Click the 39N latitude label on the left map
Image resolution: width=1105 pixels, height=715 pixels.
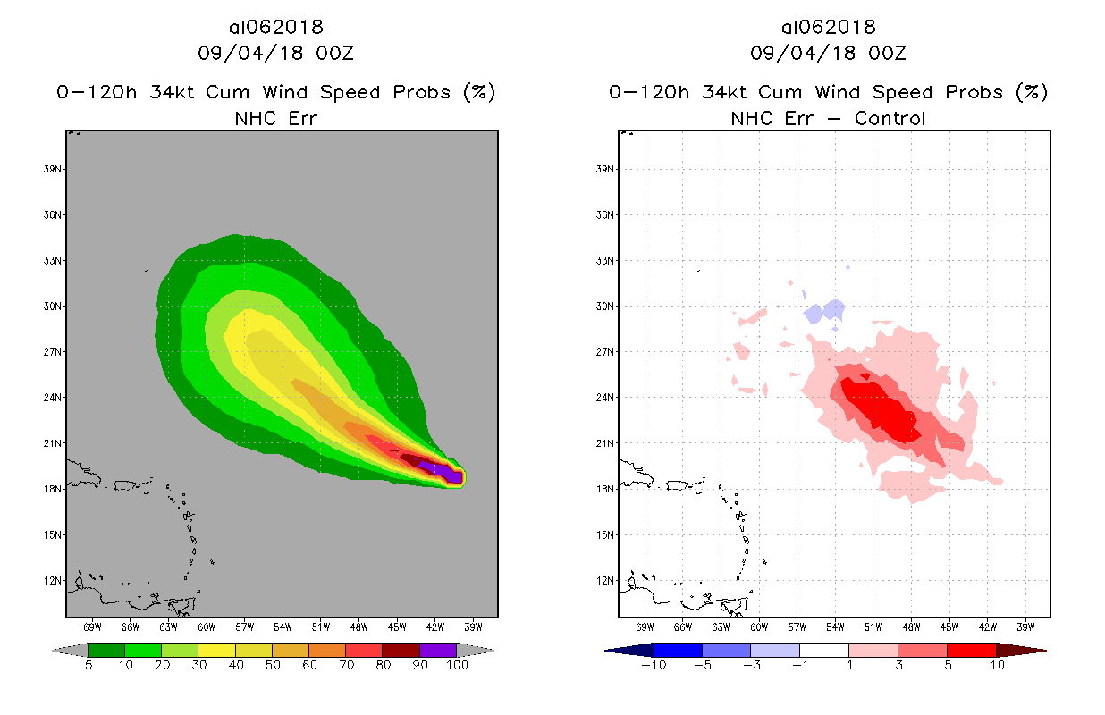click(x=53, y=169)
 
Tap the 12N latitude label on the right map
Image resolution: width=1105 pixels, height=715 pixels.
click(x=605, y=580)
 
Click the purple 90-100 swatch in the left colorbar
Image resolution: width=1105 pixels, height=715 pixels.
click(x=438, y=650)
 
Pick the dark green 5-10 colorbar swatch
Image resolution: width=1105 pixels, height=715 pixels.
click(x=106, y=650)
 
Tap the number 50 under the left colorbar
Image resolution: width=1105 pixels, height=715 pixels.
click(x=272, y=666)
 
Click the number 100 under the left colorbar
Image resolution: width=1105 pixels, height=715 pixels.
click(x=457, y=666)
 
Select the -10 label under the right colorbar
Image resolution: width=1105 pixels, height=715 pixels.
click(x=653, y=666)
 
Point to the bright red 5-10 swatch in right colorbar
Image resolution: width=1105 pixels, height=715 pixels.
click(x=970, y=650)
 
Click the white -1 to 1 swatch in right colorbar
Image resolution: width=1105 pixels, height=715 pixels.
click(x=823, y=650)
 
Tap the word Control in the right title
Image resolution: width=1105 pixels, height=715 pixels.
click(x=890, y=118)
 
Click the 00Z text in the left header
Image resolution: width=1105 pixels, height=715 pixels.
click(x=337, y=53)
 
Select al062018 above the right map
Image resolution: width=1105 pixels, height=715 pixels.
click(x=828, y=27)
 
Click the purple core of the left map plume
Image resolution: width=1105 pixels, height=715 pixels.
click(x=444, y=472)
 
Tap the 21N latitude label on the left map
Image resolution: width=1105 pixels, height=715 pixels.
click(x=53, y=443)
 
